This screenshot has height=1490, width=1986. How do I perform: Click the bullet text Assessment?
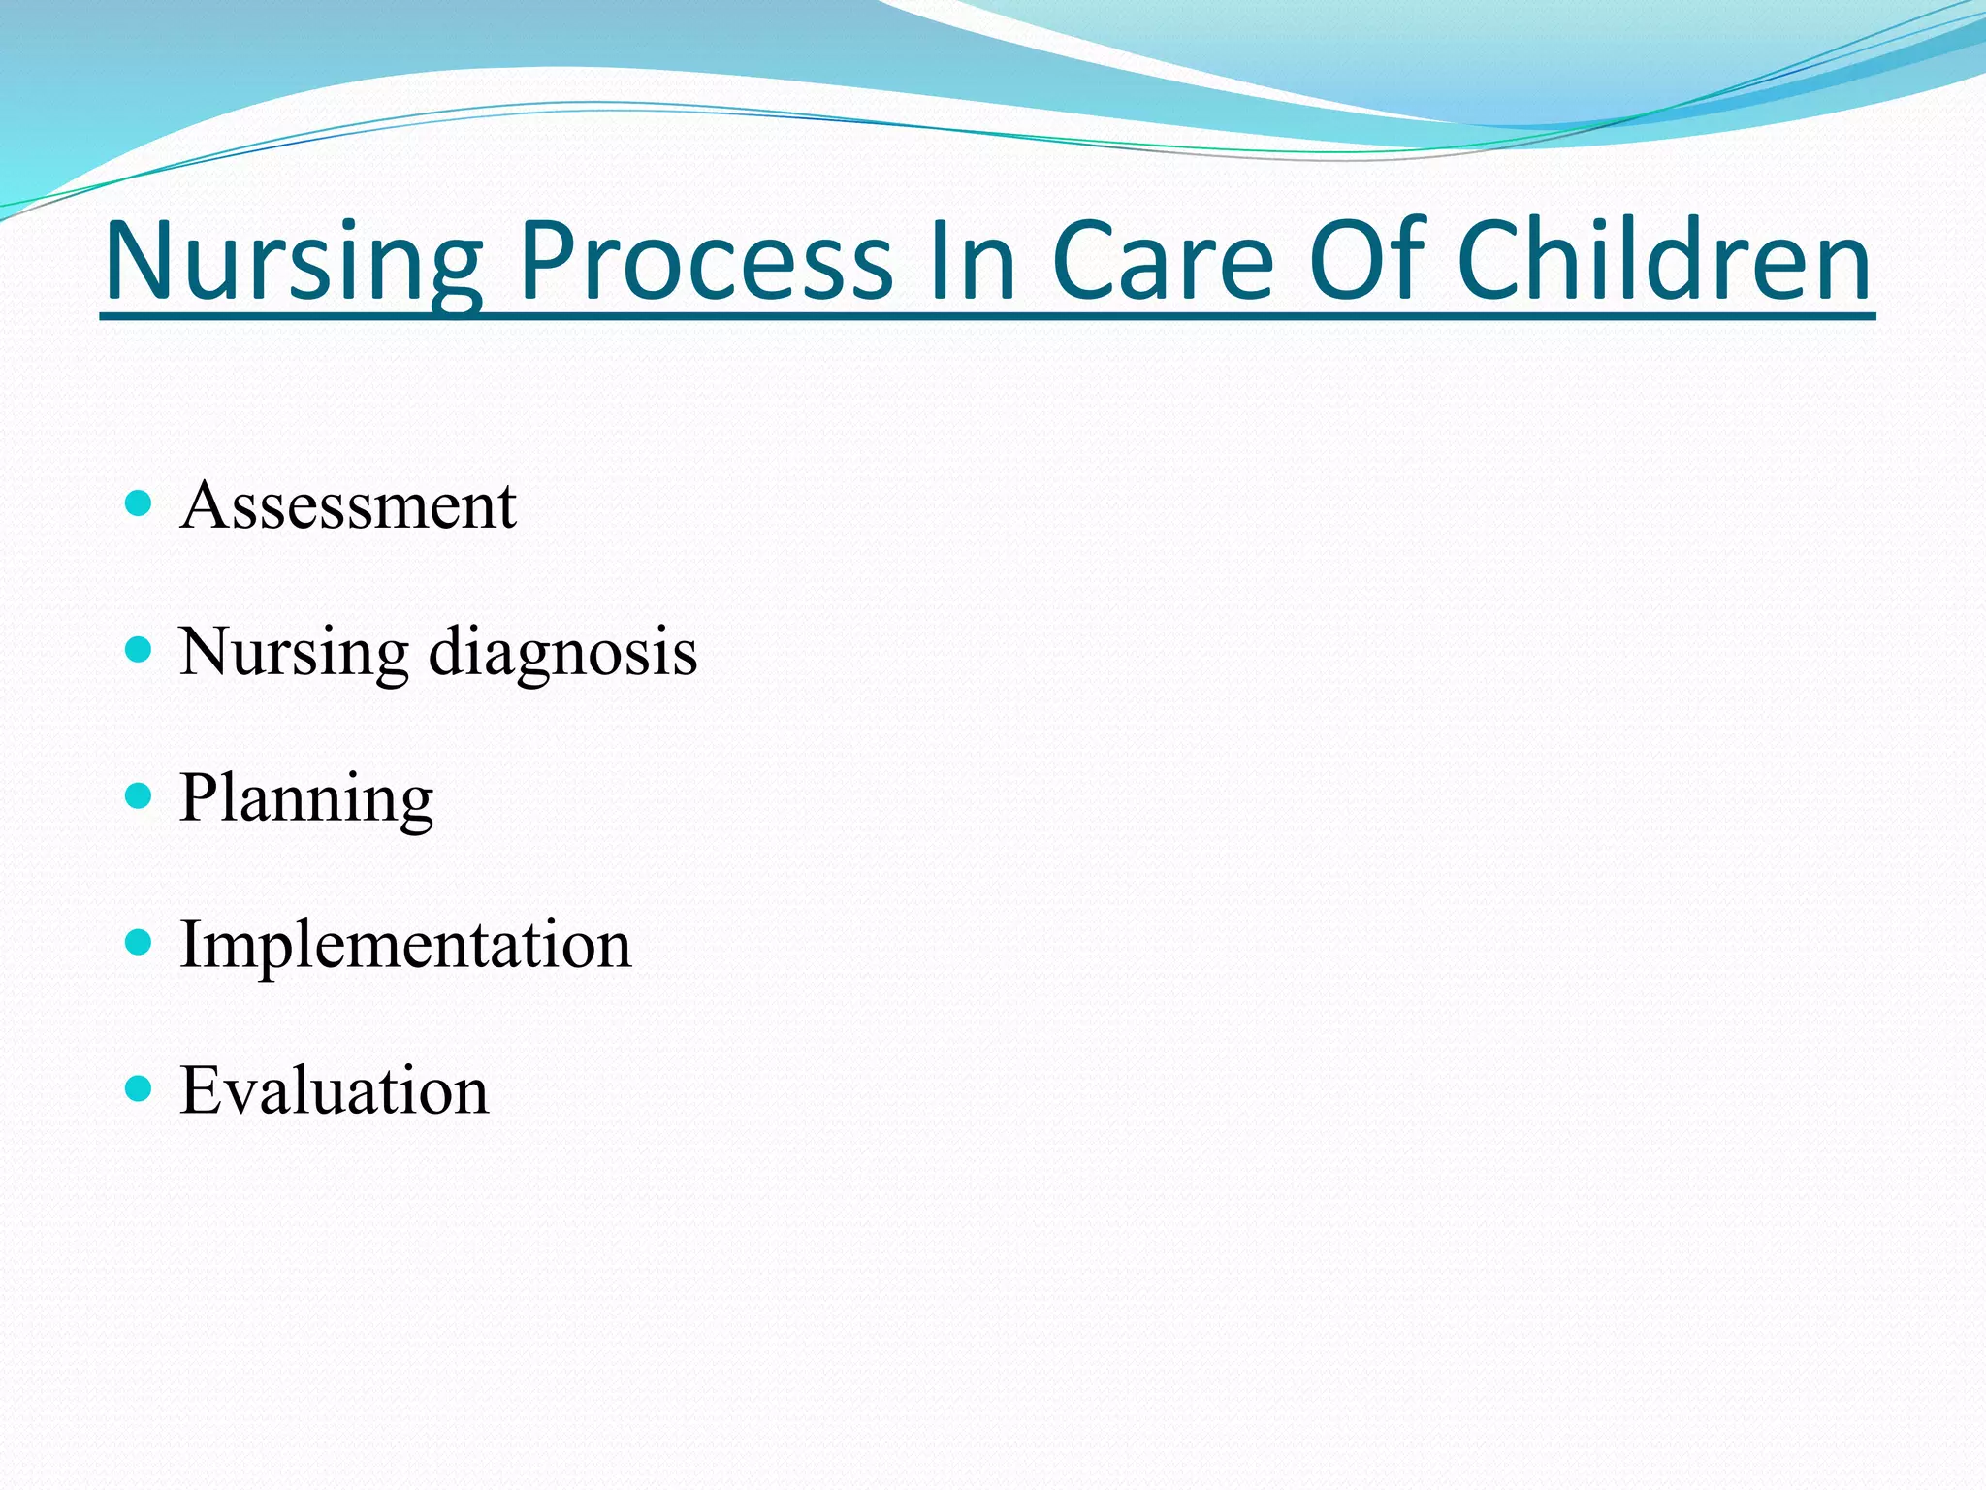[x=348, y=505]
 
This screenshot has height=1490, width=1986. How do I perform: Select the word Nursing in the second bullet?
[x=294, y=652]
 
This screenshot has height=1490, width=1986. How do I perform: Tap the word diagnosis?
[x=562, y=652]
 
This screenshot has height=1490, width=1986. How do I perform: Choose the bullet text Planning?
[x=305, y=798]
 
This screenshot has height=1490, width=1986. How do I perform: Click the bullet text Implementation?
[x=405, y=945]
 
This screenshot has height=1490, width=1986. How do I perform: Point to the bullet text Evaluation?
[x=335, y=1091]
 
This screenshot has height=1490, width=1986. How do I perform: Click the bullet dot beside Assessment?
[x=140, y=502]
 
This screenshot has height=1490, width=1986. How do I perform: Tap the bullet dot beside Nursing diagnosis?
[x=140, y=649]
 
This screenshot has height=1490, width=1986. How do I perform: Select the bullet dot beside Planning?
[x=140, y=796]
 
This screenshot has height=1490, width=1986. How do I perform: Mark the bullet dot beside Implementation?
[x=140, y=942]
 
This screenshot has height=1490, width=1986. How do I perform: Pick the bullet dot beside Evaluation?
[x=140, y=1088]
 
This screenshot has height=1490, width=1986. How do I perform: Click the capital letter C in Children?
[x=1494, y=260]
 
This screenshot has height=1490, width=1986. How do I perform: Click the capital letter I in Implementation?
[x=192, y=944]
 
